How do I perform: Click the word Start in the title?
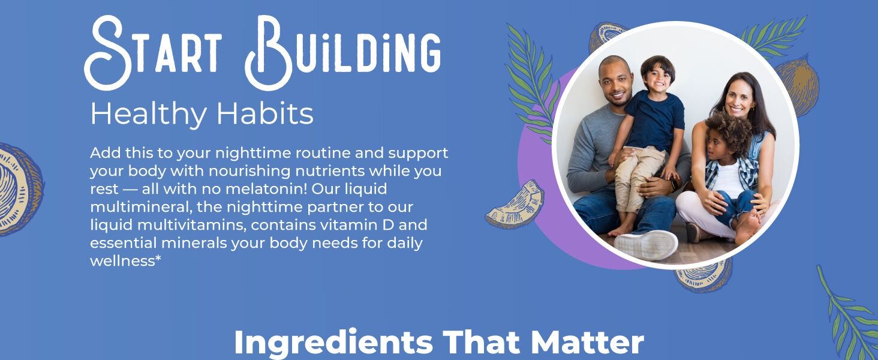[154, 53]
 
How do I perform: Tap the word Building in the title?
[344, 53]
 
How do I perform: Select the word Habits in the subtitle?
[265, 114]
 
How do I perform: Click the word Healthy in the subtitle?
[149, 115]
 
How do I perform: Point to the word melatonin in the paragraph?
[266, 188]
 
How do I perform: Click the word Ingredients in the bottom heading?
[333, 343]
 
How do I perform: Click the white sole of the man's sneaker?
[646, 245]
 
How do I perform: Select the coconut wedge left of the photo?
[515, 205]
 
